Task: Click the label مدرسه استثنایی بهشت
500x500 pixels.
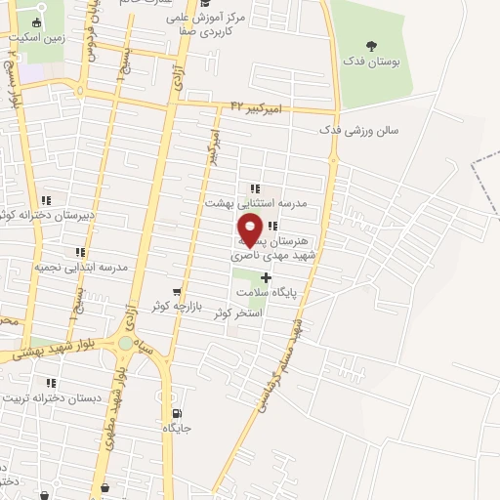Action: click(255, 202)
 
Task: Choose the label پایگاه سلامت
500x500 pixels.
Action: click(265, 291)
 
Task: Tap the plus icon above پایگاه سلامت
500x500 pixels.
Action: click(265, 277)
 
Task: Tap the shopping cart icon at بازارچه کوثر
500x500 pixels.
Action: click(176, 291)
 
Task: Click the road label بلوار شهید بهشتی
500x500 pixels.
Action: click(60, 353)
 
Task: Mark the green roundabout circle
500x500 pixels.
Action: click(125, 343)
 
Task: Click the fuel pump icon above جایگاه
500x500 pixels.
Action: click(176, 413)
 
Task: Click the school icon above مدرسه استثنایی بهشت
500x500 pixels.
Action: click(255, 188)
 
